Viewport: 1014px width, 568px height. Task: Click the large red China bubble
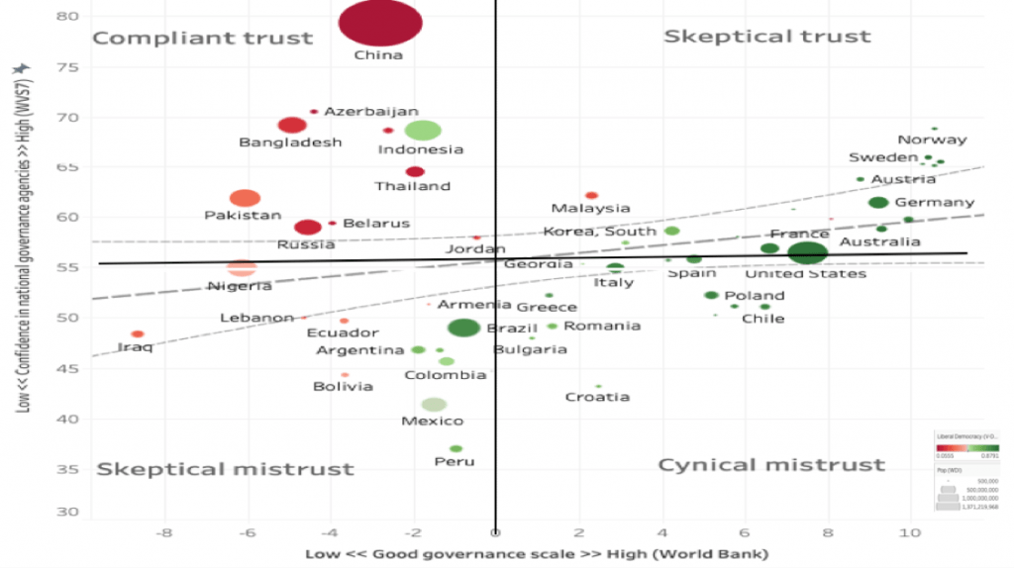click(380, 23)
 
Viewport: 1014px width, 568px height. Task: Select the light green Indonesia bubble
click(423, 130)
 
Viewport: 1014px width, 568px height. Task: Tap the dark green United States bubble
click(808, 252)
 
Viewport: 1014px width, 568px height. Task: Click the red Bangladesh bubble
click(291, 125)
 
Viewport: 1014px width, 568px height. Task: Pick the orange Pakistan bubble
click(245, 199)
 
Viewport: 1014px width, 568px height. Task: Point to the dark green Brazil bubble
click(463, 328)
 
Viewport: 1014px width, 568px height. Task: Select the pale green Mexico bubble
click(434, 404)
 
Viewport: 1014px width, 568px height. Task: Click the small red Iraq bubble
click(138, 334)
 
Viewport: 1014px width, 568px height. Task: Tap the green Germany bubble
click(877, 203)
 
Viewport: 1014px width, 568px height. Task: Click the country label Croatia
click(597, 397)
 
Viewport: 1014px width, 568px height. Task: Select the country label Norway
click(932, 140)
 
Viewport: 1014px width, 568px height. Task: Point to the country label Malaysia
click(590, 208)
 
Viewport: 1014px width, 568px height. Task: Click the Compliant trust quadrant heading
click(202, 39)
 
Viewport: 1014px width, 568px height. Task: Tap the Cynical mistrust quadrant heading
click(771, 464)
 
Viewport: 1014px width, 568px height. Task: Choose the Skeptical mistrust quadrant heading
click(225, 469)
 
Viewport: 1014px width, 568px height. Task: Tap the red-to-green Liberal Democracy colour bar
click(967, 446)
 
